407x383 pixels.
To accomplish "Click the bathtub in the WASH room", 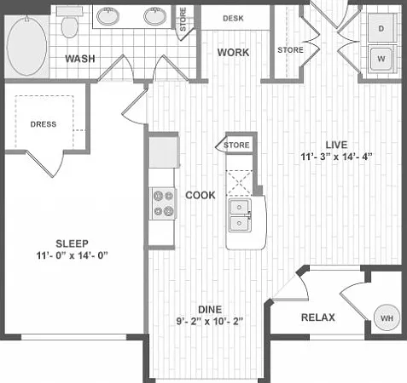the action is pyautogui.click(x=26, y=46).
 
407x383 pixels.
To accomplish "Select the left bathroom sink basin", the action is pyautogui.click(x=108, y=16).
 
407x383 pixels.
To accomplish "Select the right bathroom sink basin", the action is pyautogui.click(x=155, y=16).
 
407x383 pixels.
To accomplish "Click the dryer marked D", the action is pyautogui.click(x=381, y=28).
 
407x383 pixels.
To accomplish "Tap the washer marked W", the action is pyautogui.click(x=381, y=59).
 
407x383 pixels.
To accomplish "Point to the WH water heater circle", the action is pyautogui.click(x=387, y=317).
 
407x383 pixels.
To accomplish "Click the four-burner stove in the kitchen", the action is pyautogui.click(x=163, y=203).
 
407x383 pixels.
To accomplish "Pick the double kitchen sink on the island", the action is pyautogui.click(x=240, y=215).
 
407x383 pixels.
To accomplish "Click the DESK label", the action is pyautogui.click(x=233, y=19).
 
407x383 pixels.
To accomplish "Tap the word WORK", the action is pyautogui.click(x=233, y=53).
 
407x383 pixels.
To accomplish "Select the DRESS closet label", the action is pyautogui.click(x=44, y=124).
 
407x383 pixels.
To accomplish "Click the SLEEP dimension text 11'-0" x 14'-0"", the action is pyautogui.click(x=72, y=255).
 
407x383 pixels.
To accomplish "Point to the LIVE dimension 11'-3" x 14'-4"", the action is pyautogui.click(x=336, y=157).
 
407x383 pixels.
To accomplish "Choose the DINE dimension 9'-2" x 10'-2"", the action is pyautogui.click(x=210, y=322).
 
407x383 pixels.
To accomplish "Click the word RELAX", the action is pyautogui.click(x=318, y=317).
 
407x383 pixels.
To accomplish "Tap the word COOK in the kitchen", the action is pyautogui.click(x=201, y=195).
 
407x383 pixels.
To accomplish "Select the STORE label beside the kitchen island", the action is pyautogui.click(x=236, y=146).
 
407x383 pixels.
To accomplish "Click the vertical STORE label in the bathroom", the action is pyautogui.click(x=183, y=20).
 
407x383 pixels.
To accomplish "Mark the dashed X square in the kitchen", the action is pyautogui.click(x=239, y=183).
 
